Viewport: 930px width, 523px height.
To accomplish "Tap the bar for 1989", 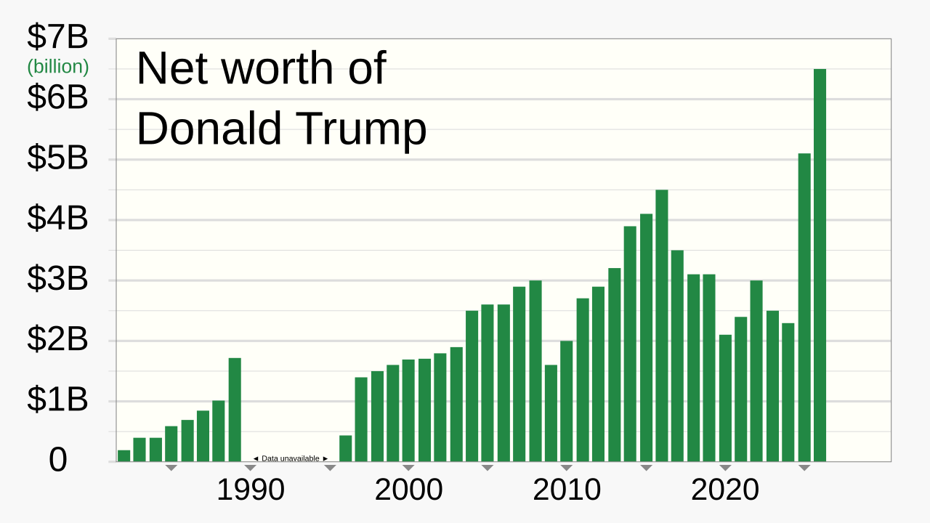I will (x=235, y=410).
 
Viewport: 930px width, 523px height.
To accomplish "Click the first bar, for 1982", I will (x=124, y=455).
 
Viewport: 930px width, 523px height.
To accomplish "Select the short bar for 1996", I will (x=345, y=448).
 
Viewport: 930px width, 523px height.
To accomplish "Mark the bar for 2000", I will (x=408, y=410).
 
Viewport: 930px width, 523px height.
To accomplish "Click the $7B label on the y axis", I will (x=57, y=37).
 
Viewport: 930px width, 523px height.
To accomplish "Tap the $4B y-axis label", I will (x=57, y=219).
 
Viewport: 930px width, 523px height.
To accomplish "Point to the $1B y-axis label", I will (x=57, y=400).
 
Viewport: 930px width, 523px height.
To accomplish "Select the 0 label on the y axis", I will (x=57, y=461).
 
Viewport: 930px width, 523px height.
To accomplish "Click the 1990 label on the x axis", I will (x=251, y=490).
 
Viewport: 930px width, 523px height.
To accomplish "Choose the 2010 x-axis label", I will (x=567, y=490).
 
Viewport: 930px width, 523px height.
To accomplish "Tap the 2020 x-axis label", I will (x=725, y=490).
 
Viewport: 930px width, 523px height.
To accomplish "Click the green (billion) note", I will (x=58, y=67).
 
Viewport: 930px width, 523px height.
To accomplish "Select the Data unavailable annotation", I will (x=290, y=458).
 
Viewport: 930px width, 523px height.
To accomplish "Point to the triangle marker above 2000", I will (x=408, y=468).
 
